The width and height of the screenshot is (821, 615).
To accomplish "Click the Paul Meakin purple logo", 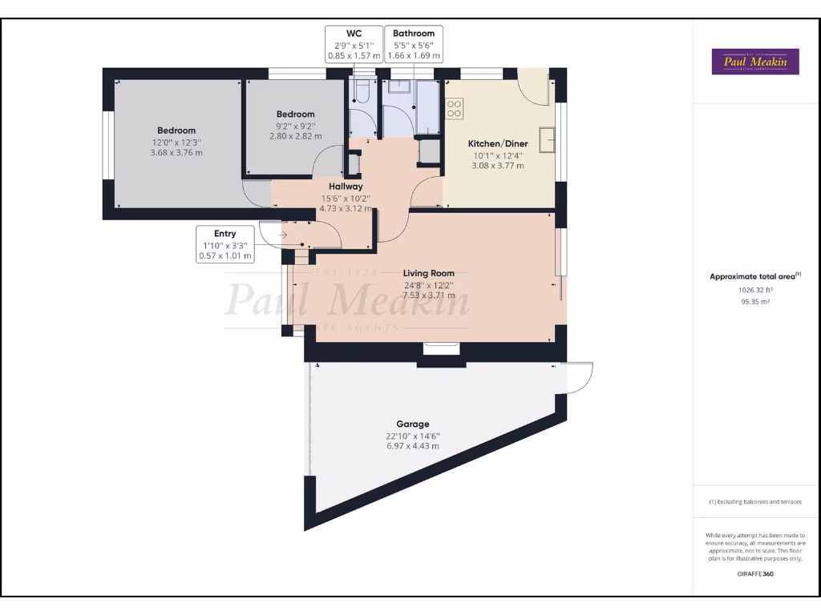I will (755, 62).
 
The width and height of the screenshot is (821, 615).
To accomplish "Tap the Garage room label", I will (412, 424).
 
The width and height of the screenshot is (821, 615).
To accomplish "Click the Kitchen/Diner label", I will (497, 144).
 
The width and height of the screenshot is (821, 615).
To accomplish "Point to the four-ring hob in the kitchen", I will (454, 108).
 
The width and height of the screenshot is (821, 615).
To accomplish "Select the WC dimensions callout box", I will (353, 45).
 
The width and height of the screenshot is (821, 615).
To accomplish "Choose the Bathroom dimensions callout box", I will (414, 45).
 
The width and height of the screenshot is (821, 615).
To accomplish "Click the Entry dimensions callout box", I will (224, 245).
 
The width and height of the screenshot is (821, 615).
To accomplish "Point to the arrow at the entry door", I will (284, 235).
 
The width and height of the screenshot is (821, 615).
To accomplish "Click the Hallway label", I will (346, 187).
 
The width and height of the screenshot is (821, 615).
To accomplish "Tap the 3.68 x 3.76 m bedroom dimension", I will (176, 152).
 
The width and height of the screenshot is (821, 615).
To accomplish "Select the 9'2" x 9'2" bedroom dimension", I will (295, 126).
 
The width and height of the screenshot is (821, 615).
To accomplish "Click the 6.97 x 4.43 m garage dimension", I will (412, 446).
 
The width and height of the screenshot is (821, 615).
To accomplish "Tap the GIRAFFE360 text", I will (754, 573).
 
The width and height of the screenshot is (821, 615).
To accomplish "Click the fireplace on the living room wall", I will (441, 348).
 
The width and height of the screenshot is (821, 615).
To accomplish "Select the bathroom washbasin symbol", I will (398, 87).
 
